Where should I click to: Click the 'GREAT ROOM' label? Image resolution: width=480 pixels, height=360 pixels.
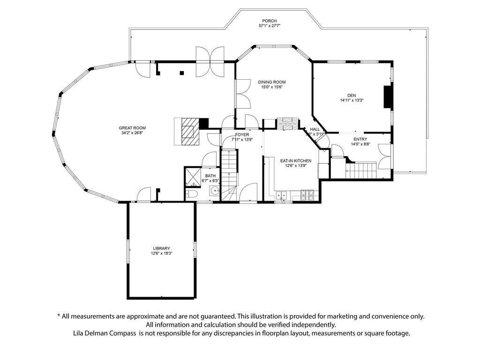click(x=132, y=128)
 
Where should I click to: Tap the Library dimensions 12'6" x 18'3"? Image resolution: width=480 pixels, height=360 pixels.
click(x=161, y=254)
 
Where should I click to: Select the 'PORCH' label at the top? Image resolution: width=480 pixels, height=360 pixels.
click(x=269, y=21)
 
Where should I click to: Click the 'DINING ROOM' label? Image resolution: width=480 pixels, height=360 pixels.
click(x=271, y=82)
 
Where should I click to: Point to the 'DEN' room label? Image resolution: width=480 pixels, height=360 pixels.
click(x=352, y=94)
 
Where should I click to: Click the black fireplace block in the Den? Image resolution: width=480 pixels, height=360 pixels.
click(x=388, y=97)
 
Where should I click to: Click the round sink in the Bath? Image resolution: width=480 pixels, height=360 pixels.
click(x=214, y=191)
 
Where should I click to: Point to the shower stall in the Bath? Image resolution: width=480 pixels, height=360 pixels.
click(x=193, y=176)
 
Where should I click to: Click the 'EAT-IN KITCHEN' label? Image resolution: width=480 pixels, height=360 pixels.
click(x=296, y=161)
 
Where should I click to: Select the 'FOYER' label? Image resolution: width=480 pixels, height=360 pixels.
click(x=242, y=135)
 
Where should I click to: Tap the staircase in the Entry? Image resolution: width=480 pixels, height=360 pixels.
click(x=362, y=170)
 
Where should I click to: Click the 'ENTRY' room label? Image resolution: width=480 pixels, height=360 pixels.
click(x=360, y=139)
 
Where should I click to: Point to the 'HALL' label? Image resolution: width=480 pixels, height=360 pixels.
click(x=315, y=129)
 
